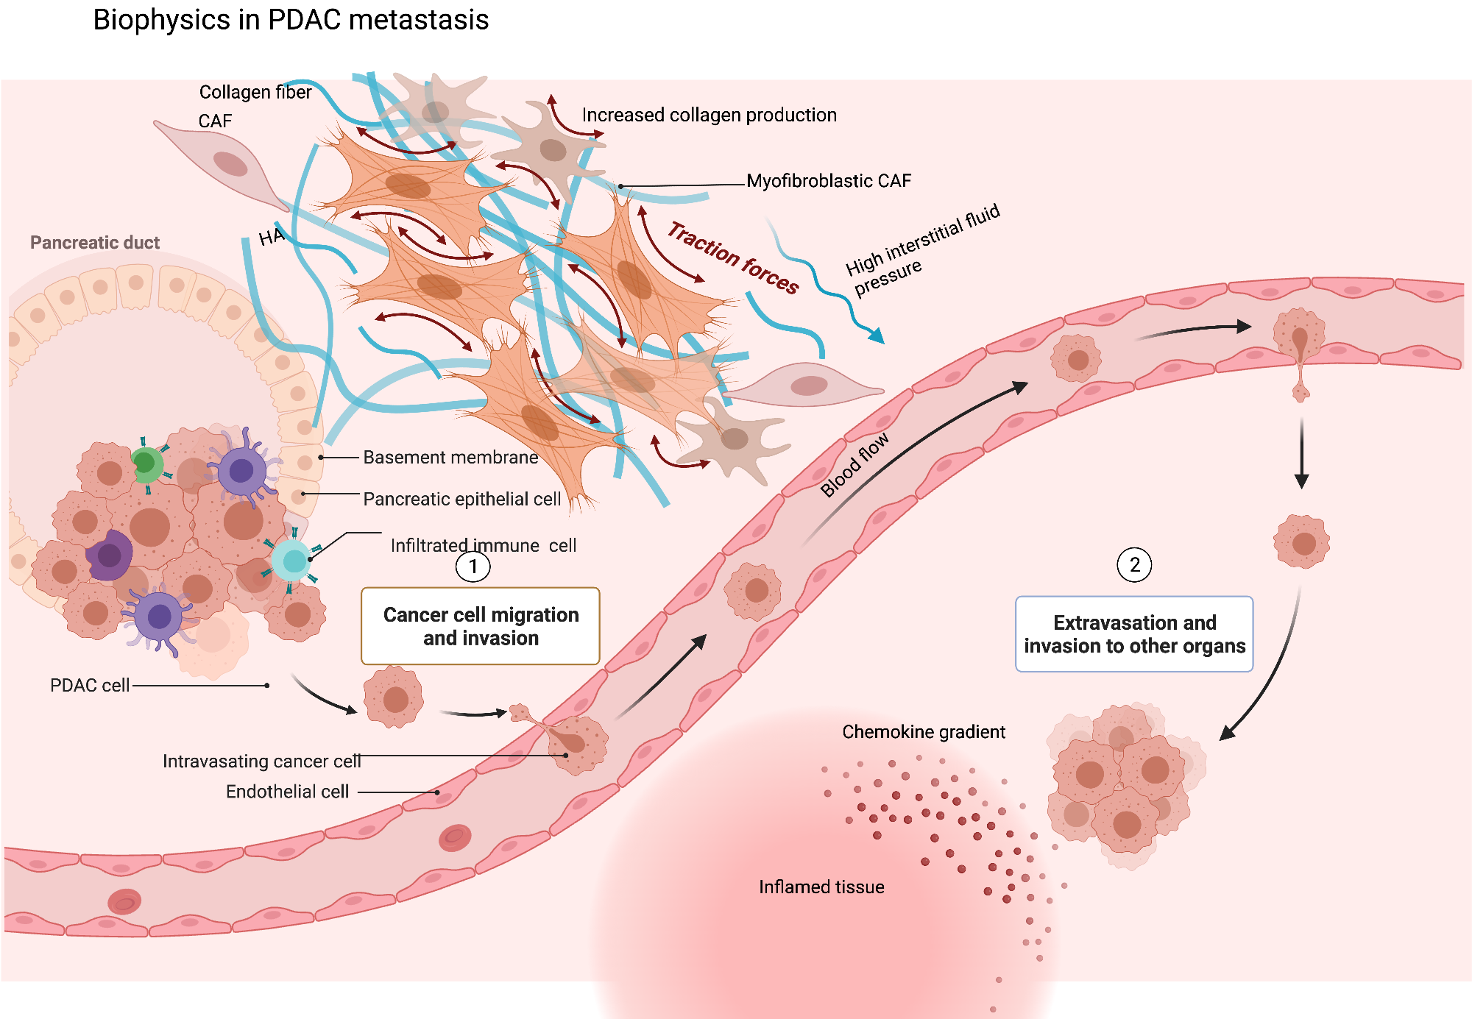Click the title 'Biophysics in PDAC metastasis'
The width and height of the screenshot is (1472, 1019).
coord(291,20)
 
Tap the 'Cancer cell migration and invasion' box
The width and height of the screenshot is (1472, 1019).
coord(481,626)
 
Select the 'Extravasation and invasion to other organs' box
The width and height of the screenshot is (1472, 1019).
coord(1134,634)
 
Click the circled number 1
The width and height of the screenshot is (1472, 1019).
coord(473,567)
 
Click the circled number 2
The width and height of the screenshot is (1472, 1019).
coord(1134,565)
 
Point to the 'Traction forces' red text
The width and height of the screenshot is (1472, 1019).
coord(733,258)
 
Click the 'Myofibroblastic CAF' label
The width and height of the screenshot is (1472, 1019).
coord(829,181)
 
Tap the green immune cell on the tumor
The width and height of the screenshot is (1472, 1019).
coord(146,464)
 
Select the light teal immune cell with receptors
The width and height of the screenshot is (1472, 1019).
coord(294,561)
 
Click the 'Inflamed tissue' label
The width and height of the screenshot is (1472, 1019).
coord(821,887)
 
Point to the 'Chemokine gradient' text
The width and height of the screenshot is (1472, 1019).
coord(924,732)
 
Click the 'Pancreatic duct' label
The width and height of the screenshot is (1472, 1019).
coord(95,243)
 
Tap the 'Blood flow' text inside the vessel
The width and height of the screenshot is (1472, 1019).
coord(854,466)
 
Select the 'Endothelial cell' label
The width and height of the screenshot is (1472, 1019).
coord(287,792)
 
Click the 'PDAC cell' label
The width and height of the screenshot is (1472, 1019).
coord(90,686)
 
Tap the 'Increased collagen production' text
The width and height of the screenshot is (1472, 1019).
coord(709,116)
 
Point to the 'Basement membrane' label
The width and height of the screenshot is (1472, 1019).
coord(450,458)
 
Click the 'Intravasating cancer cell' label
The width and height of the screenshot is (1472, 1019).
coord(261,761)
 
